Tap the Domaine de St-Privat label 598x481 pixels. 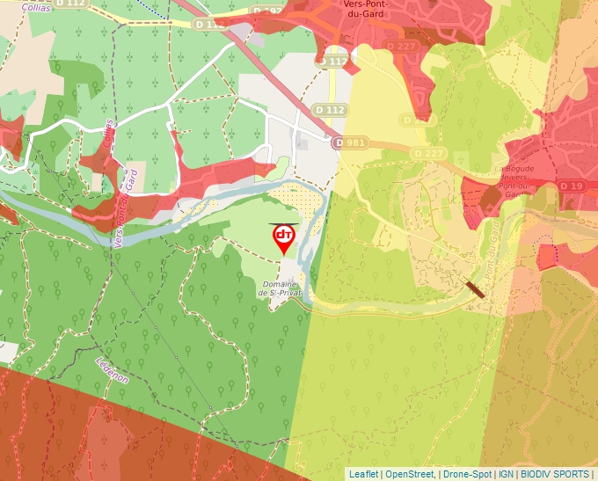(283, 288)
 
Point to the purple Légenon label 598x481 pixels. (112, 369)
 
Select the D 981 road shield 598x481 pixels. (350, 142)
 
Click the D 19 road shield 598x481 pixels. (572, 186)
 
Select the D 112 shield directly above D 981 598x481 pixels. (331, 109)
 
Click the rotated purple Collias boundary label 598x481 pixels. (108, 136)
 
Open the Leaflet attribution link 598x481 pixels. (363, 474)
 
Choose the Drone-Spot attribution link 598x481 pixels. (467, 474)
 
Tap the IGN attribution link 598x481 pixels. (506, 474)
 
